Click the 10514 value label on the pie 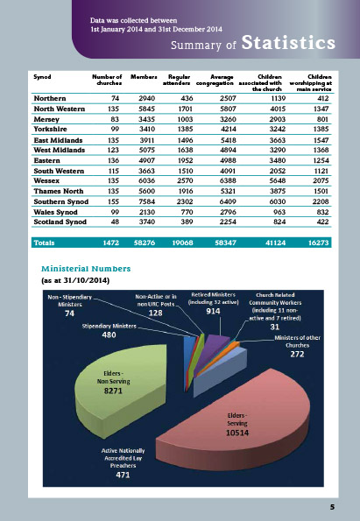point(238,432)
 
